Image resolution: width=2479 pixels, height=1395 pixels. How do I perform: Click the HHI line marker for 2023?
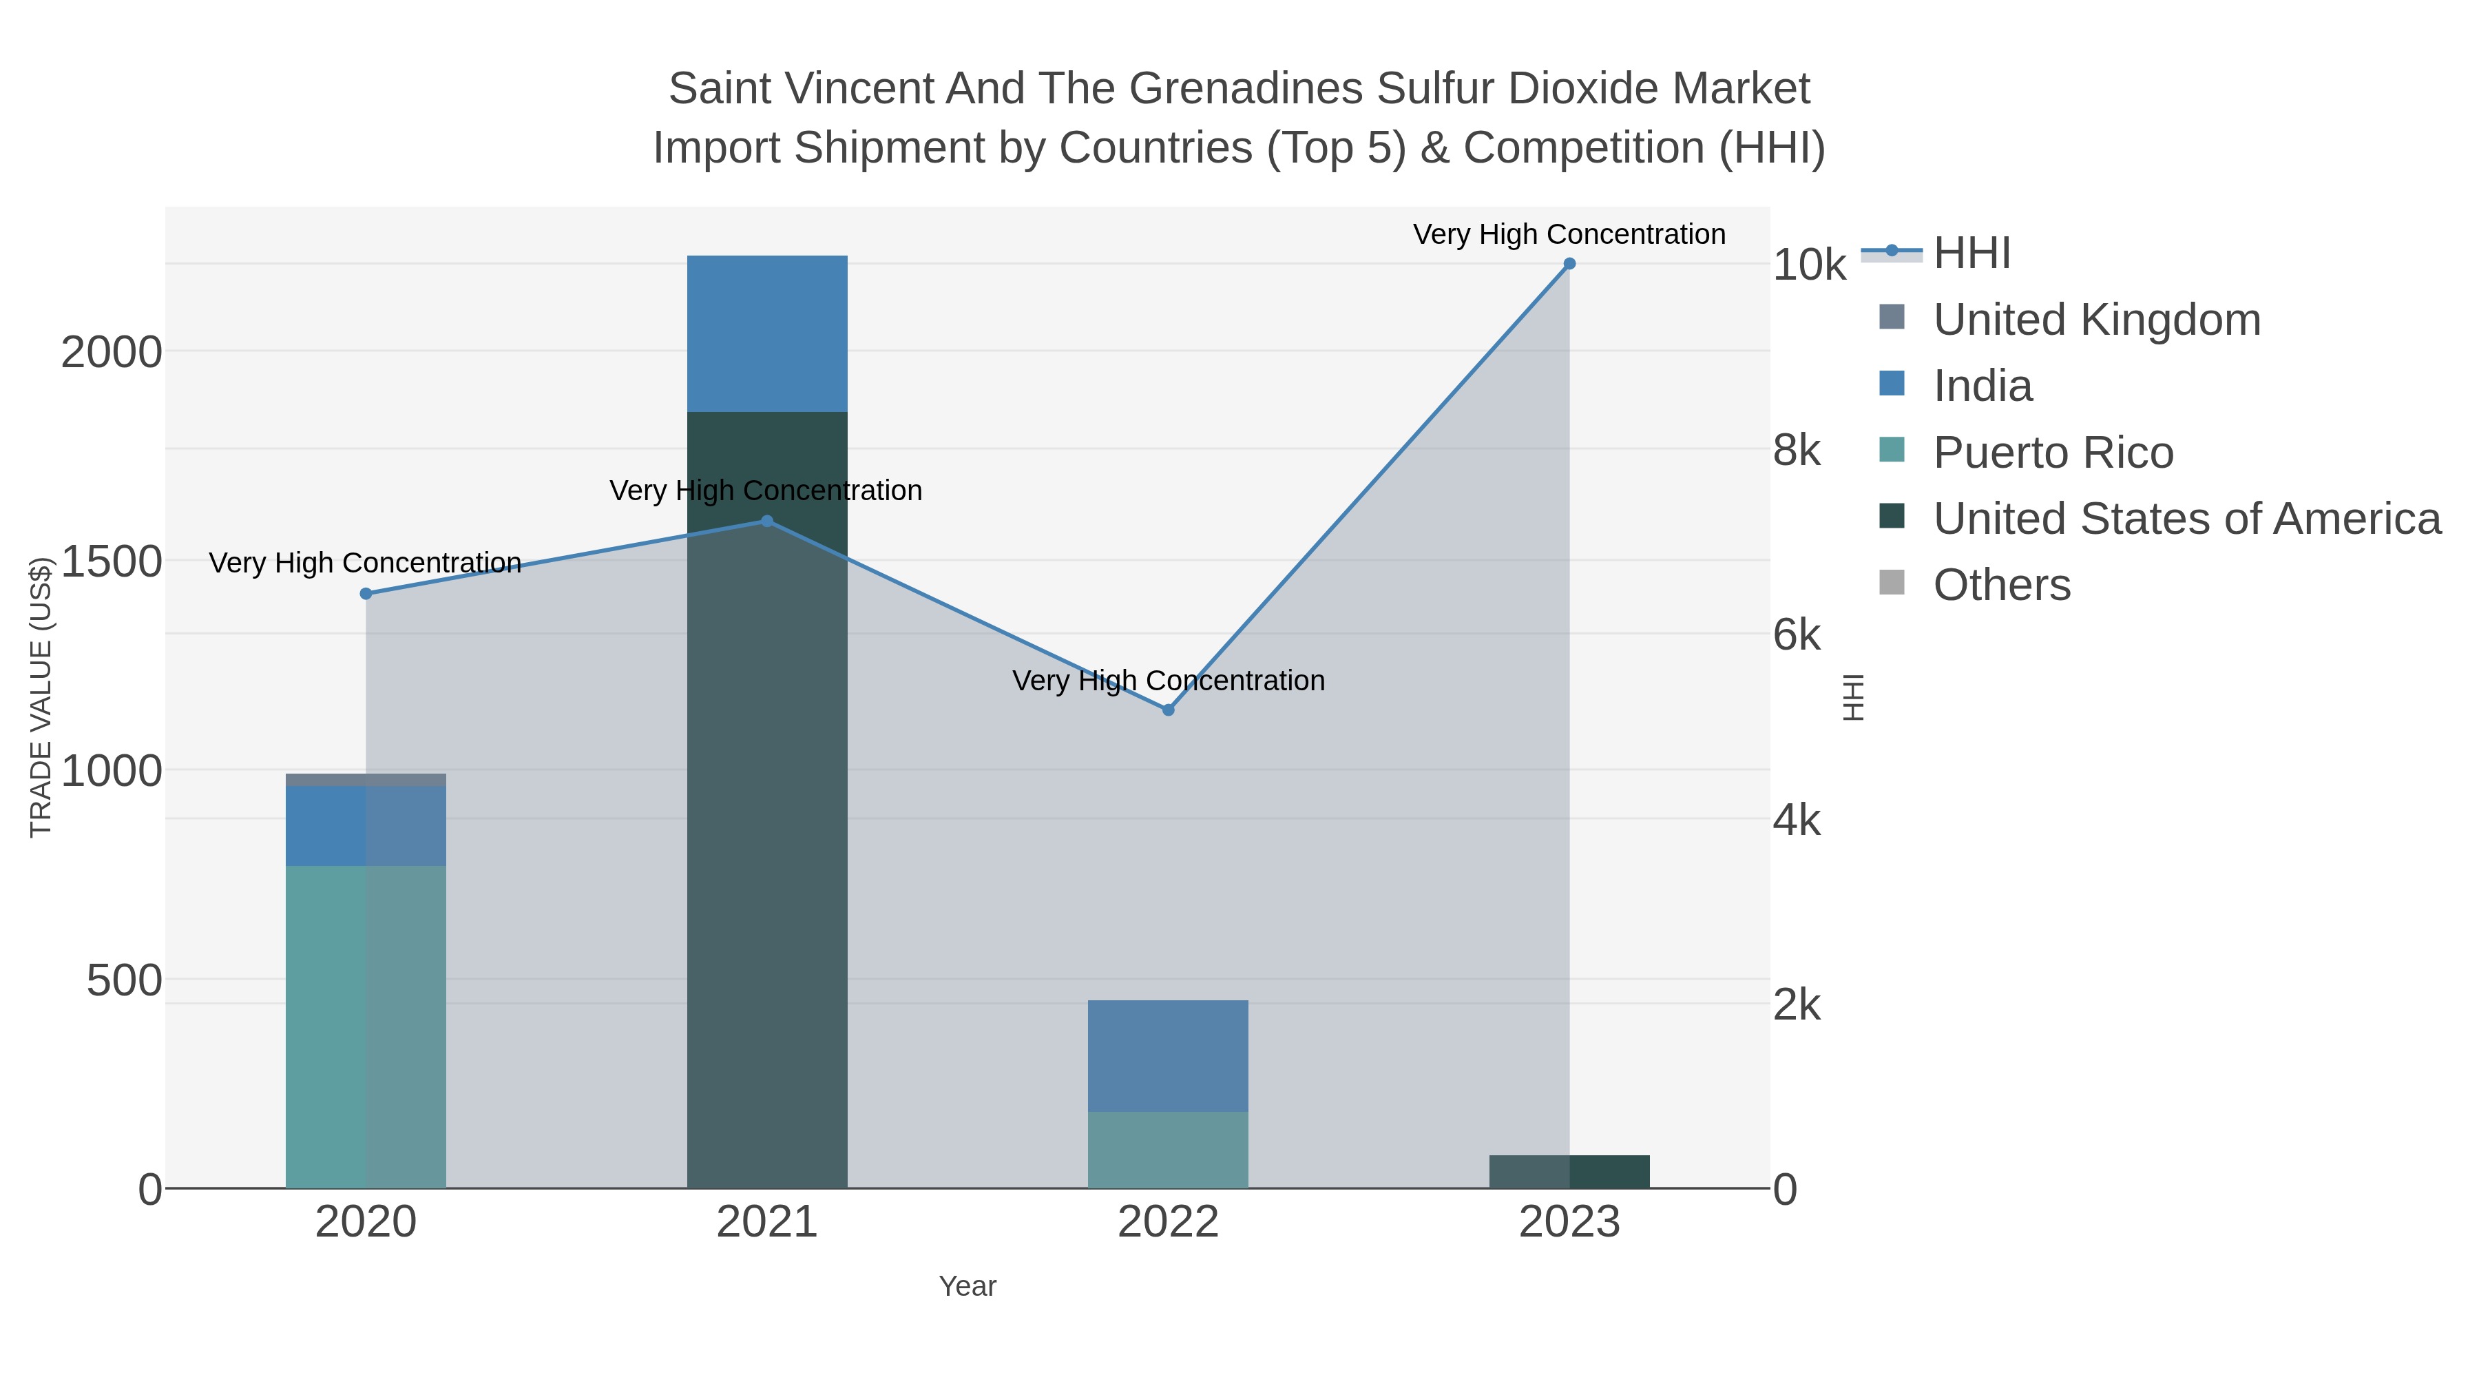[1569, 264]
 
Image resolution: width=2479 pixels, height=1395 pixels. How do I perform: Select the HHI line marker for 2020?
[366, 594]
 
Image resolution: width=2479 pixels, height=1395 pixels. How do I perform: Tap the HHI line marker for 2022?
[1169, 710]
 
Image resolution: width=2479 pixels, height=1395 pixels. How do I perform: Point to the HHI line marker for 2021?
[767, 521]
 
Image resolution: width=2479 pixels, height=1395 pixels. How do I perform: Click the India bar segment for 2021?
[767, 333]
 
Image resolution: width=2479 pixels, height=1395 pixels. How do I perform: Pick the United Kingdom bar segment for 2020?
[366, 780]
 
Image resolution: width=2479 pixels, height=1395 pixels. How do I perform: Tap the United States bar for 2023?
[1569, 1172]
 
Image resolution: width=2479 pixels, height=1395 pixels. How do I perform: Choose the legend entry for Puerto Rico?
[2053, 453]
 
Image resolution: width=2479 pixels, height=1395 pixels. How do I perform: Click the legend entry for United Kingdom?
[2096, 320]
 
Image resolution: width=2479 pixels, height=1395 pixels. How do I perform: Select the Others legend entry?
[2002, 586]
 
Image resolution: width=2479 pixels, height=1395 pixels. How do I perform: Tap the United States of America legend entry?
[2186, 519]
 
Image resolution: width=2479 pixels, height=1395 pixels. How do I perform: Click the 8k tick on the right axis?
[1797, 451]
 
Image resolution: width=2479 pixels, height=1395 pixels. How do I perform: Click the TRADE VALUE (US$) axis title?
[41, 697]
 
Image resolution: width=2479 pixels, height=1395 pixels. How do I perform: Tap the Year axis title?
[967, 1286]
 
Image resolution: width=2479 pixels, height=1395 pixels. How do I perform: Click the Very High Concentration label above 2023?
[1569, 235]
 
